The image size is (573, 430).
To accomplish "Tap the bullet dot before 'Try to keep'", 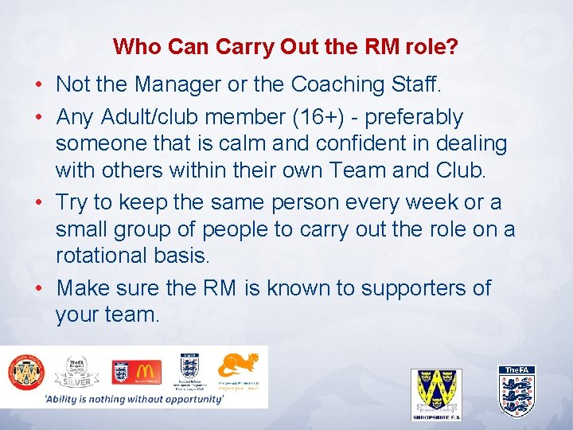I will pyautogui.click(x=39, y=203).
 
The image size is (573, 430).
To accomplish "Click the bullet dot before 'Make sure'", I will pyautogui.click(x=39, y=288).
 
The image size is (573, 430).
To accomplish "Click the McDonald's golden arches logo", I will pyautogui.click(x=147, y=370).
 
